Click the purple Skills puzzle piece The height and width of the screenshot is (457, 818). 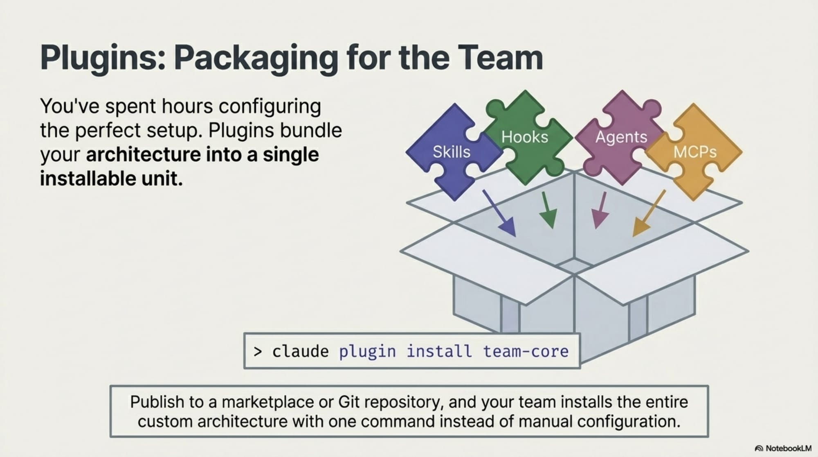[452, 152]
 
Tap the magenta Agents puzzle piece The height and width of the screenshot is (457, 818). [621, 137]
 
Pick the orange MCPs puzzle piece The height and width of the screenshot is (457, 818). [695, 152]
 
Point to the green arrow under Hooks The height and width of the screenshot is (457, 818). [548, 210]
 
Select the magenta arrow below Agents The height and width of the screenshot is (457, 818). [600, 210]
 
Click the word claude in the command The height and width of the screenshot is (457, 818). [300, 351]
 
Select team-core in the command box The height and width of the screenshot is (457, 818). [526, 351]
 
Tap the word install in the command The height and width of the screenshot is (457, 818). [439, 351]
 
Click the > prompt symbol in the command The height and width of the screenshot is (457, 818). [257, 352]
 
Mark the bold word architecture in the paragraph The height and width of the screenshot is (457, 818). [143, 155]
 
